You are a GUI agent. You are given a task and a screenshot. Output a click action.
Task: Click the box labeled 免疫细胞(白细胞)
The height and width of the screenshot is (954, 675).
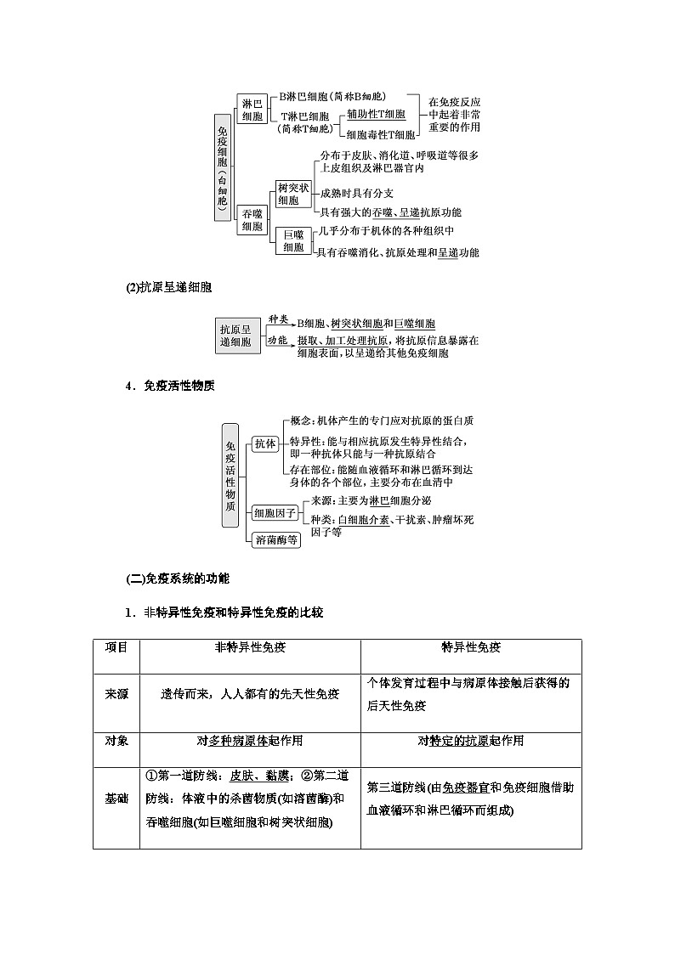[x=222, y=168]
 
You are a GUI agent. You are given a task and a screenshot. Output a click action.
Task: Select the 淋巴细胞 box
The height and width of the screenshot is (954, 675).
[x=252, y=110]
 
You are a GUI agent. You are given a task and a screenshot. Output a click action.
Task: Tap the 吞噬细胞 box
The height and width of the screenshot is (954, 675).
[x=252, y=219]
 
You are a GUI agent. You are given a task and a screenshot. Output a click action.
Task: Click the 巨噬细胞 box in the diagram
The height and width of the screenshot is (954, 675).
[x=292, y=240]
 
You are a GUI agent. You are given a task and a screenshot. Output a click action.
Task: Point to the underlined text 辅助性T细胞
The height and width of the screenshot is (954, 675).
[x=376, y=114]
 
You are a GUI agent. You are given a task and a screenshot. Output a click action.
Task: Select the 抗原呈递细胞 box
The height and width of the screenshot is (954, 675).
[x=235, y=336]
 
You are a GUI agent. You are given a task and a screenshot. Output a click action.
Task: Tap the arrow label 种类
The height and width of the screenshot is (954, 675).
[x=278, y=319]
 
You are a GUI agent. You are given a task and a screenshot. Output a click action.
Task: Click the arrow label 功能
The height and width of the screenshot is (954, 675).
[x=278, y=340]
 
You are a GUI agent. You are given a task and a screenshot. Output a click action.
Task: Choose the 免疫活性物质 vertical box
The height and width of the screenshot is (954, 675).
[x=230, y=475]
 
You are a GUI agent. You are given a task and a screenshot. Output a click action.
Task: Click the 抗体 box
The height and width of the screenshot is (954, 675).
[x=264, y=443]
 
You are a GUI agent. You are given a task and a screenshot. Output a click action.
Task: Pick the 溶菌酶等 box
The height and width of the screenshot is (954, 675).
[x=276, y=539]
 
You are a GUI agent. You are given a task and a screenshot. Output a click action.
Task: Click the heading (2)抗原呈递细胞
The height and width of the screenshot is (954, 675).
[x=167, y=287]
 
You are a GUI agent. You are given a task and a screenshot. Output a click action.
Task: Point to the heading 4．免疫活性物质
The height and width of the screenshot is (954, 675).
[x=170, y=385]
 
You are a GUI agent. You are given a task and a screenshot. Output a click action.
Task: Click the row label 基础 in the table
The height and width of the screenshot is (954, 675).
[x=116, y=799]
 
